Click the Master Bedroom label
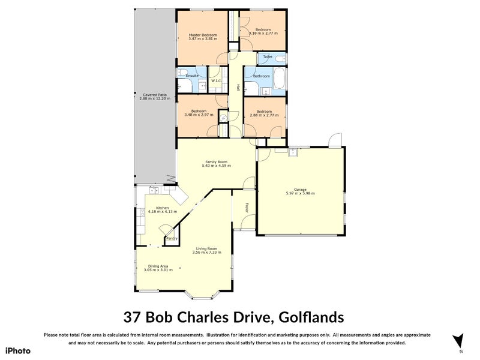(x=202, y=35)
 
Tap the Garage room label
(x=300, y=189)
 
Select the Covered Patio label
(x=155, y=94)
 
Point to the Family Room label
(x=216, y=161)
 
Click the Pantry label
(x=172, y=239)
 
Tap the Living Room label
(x=205, y=248)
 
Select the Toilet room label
(x=268, y=57)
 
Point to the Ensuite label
(x=192, y=76)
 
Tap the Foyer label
(x=246, y=208)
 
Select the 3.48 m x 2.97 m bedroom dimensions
(x=199, y=115)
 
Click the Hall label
(x=238, y=87)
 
